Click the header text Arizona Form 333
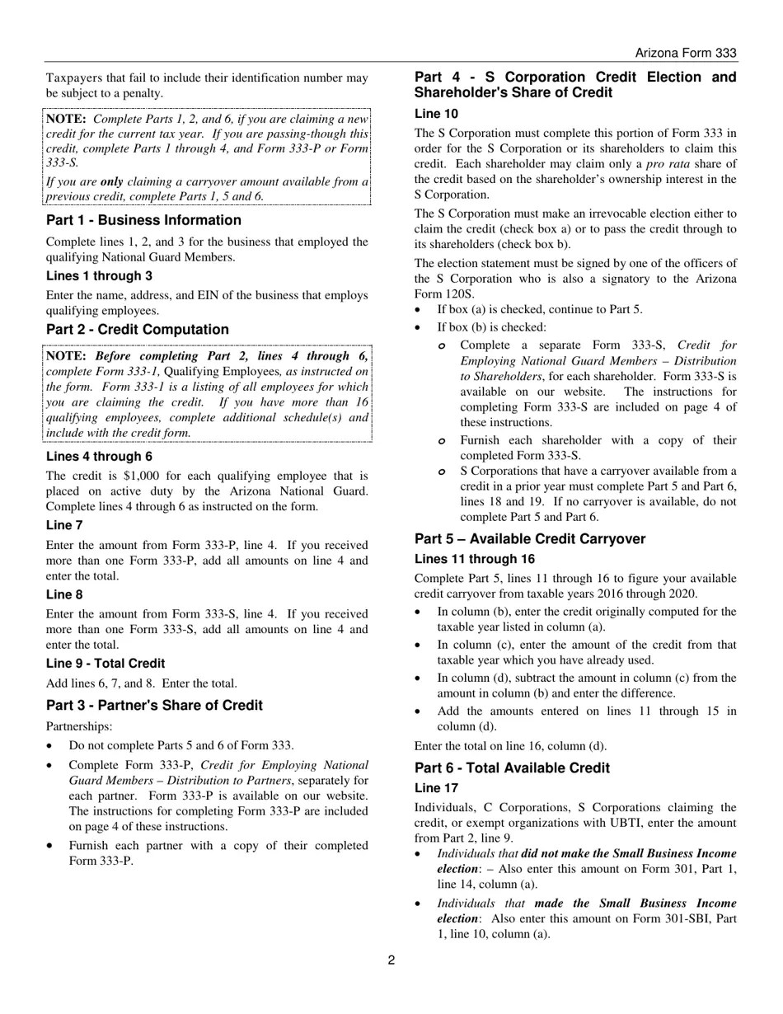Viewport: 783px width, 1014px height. tap(686, 53)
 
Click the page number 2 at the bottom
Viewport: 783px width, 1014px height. tap(391, 960)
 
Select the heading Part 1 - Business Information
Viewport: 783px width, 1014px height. tap(143, 220)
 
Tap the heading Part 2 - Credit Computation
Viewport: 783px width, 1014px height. tap(138, 330)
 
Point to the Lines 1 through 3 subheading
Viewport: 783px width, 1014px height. tap(99, 276)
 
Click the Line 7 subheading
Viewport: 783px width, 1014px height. tap(64, 525)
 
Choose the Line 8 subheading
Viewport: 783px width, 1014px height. tap(64, 594)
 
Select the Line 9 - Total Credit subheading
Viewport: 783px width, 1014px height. tap(105, 664)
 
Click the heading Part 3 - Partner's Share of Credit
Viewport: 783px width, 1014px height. tap(154, 706)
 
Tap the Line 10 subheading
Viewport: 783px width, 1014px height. tap(436, 114)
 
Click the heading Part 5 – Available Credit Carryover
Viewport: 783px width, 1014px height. tap(530, 539)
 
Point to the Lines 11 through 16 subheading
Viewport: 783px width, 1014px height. tap(474, 559)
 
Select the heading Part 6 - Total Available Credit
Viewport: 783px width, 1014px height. tap(512, 768)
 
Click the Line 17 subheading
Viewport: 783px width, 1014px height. tap(436, 788)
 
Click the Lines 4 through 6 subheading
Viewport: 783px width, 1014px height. tap(99, 457)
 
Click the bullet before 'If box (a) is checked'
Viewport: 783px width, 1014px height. tap(420, 310)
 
